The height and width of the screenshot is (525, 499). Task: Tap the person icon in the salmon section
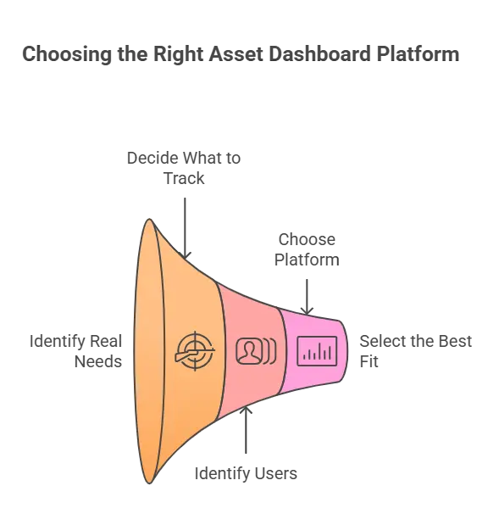[x=248, y=350]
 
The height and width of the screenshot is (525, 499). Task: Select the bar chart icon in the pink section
[x=317, y=349]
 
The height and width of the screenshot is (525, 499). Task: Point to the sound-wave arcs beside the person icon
[x=269, y=350]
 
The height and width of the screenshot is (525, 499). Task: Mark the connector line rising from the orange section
[x=186, y=221]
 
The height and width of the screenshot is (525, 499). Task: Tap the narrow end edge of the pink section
[x=347, y=349]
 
